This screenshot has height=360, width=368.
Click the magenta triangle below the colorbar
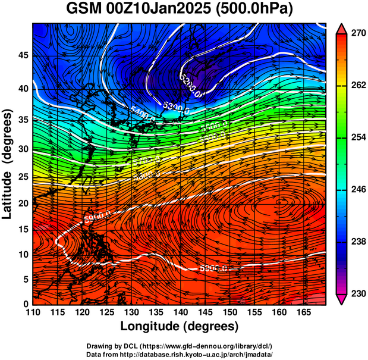(x=342, y=299)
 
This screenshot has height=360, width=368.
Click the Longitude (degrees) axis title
(x=180, y=326)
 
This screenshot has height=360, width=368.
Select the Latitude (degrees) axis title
(x=8, y=164)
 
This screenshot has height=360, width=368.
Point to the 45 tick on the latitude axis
(x=21, y=55)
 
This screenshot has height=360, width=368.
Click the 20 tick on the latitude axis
(x=21, y=203)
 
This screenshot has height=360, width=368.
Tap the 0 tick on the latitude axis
(x=25, y=304)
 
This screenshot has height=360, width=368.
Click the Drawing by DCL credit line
(x=180, y=346)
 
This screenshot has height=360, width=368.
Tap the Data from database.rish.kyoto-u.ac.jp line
(x=180, y=354)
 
